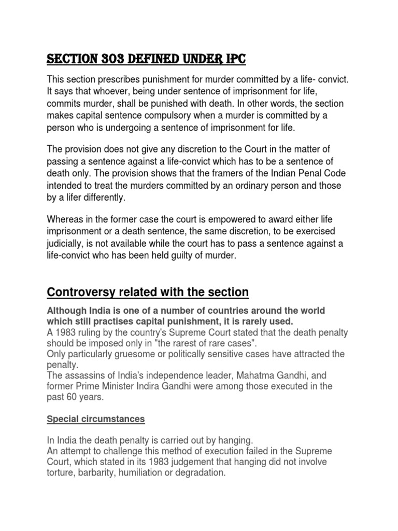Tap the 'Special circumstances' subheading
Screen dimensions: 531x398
pos(96,419)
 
